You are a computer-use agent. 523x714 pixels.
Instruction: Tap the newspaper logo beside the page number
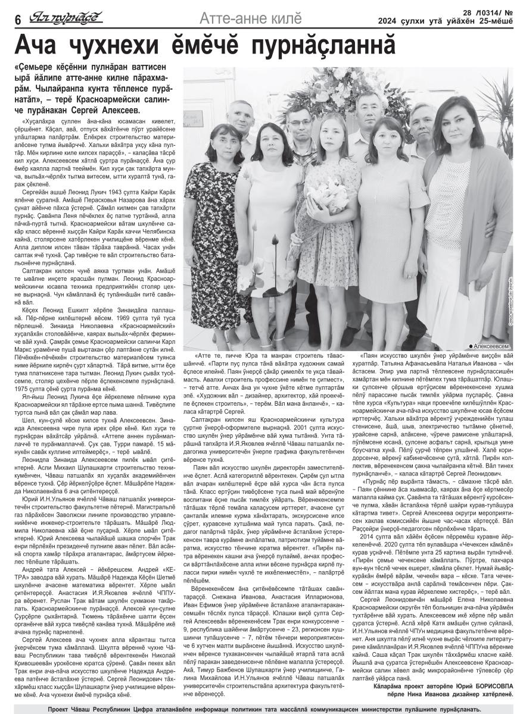[66, 17]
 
